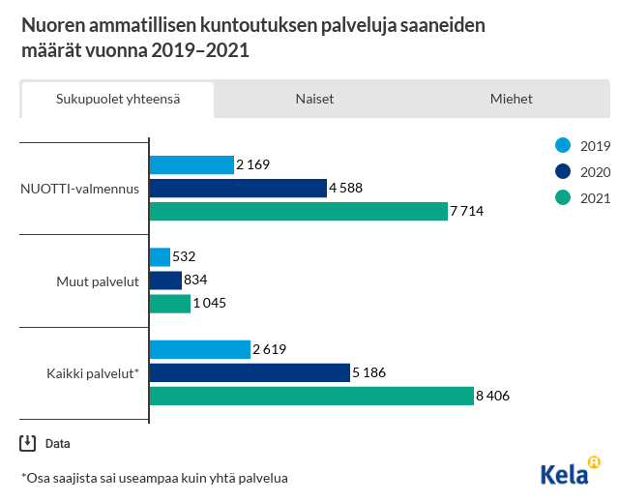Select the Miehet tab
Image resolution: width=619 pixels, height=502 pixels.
[x=511, y=99]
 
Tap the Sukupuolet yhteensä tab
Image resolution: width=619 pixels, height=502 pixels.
[x=118, y=99]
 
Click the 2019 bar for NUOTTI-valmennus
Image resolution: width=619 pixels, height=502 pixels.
[x=192, y=165]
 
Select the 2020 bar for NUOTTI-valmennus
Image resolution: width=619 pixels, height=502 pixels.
[x=238, y=189]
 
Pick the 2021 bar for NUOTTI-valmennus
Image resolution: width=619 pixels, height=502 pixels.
[x=298, y=212]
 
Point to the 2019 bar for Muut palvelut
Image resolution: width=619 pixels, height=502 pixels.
[x=160, y=257]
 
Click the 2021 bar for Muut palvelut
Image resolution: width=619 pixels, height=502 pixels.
[x=170, y=304]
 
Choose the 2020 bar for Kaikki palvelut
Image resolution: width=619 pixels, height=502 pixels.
[x=250, y=372]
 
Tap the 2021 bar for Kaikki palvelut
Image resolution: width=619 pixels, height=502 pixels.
[x=311, y=396]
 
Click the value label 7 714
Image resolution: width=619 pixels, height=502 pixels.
[x=467, y=212]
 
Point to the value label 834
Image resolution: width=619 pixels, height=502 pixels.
[x=195, y=281]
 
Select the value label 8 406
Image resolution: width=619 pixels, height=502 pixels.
[x=492, y=396]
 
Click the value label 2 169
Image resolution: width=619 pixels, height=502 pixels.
[x=253, y=165]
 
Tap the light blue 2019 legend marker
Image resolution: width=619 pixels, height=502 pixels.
[x=562, y=146]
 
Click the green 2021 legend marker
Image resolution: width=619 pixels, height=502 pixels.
[x=562, y=198]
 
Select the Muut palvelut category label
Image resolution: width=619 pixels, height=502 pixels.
[x=98, y=281]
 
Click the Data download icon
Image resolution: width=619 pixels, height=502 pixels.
[x=28, y=443]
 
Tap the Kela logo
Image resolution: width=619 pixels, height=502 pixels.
[x=571, y=473]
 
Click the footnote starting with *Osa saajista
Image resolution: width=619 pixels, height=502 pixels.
[x=155, y=478]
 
